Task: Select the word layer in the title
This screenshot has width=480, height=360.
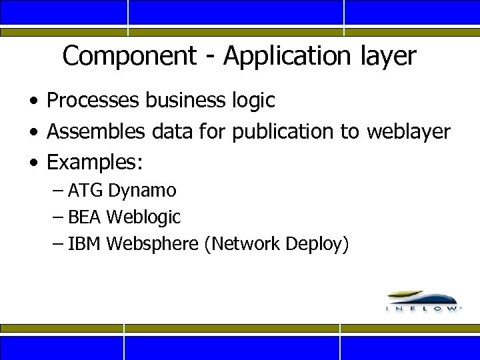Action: click(x=387, y=57)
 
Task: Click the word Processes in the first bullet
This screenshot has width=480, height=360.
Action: click(x=93, y=101)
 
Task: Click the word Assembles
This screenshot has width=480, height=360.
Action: click(x=96, y=131)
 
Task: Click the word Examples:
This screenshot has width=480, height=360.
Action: click(x=96, y=162)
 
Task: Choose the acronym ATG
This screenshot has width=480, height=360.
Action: click(x=85, y=191)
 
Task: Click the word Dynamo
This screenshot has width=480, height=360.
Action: click(x=142, y=191)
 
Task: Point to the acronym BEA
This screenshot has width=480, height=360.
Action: click(x=85, y=217)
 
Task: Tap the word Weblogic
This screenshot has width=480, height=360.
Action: click(x=143, y=217)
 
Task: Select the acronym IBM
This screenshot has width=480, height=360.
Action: click(x=85, y=244)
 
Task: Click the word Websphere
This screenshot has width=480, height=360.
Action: click(x=153, y=244)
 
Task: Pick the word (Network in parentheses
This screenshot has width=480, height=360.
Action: click(x=242, y=244)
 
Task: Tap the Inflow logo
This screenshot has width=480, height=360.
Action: click(x=423, y=301)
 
